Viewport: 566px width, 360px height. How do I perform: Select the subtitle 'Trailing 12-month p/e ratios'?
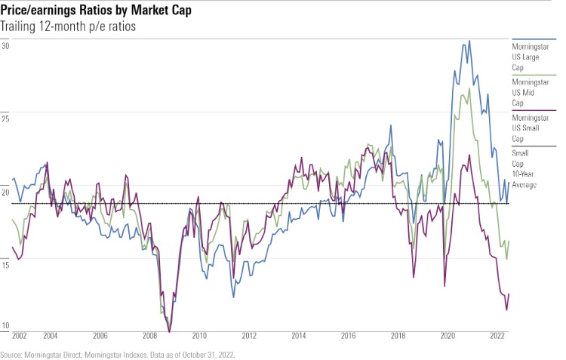(72, 27)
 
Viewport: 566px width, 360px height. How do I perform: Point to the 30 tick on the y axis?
(5, 46)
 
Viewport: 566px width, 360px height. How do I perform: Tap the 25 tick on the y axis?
(5, 119)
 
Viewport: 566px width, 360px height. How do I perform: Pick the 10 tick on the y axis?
(5, 325)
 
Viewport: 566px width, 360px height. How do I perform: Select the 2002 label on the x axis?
(20, 335)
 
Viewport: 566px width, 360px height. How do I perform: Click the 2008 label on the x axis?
(150, 335)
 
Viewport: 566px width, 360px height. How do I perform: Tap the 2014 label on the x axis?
(299, 335)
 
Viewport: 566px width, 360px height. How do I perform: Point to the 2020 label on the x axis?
(448, 335)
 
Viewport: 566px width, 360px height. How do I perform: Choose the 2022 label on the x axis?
(497, 335)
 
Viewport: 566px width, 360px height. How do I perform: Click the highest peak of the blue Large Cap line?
(469, 41)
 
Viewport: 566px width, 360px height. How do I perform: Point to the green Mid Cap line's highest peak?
(469, 88)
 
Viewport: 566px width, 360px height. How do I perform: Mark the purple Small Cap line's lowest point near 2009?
(170, 331)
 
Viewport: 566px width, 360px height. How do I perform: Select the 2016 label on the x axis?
(349, 335)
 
